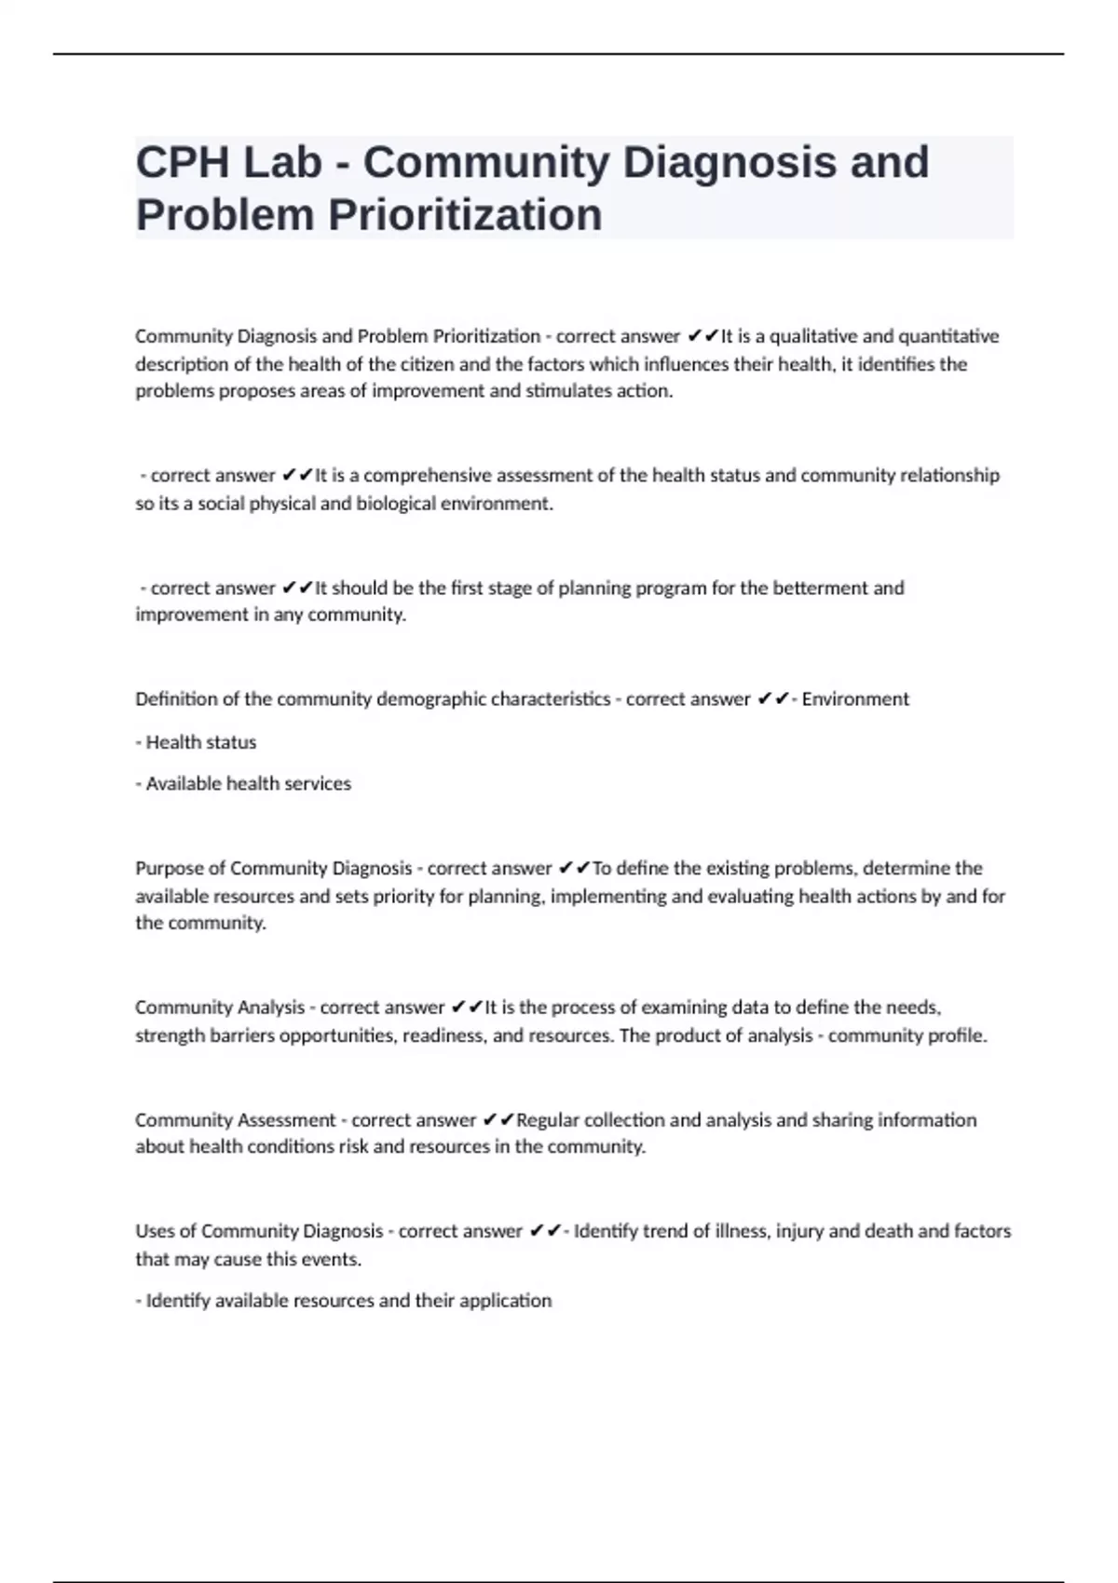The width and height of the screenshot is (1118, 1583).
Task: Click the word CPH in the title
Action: [x=183, y=162]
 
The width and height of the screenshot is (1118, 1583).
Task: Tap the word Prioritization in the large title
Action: [x=465, y=215]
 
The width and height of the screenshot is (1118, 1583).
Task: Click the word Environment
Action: [x=855, y=699]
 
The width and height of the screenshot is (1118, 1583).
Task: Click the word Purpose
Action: [x=166, y=869]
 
